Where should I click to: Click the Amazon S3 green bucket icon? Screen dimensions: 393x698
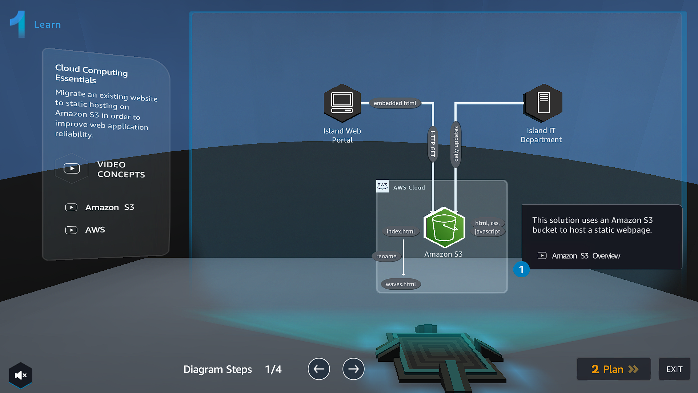pyautogui.click(x=444, y=227)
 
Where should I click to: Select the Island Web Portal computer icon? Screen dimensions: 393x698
pyautogui.click(x=342, y=103)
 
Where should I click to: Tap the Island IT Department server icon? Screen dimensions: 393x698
pyautogui.click(x=543, y=103)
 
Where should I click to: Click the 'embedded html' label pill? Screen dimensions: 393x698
pyautogui.click(x=395, y=103)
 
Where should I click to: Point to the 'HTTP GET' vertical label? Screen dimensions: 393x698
pyautogui.click(x=433, y=144)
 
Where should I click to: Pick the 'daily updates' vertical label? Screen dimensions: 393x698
pyautogui.click(x=456, y=144)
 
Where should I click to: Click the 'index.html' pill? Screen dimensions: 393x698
pyautogui.click(x=401, y=231)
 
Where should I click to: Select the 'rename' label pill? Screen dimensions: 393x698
pyautogui.click(x=386, y=257)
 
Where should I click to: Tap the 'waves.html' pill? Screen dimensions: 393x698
pyautogui.click(x=401, y=284)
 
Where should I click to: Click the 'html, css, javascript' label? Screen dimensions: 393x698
pyautogui.click(x=488, y=227)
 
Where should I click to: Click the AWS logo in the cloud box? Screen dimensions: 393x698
pyautogui.click(x=382, y=186)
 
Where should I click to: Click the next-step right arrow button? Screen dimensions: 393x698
pyautogui.click(x=353, y=369)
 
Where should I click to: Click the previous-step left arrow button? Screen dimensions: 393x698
pyautogui.click(x=319, y=369)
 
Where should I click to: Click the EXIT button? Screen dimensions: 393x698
pyautogui.click(x=674, y=369)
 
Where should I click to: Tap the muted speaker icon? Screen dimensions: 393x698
pyautogui.click(x=21, y=375)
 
